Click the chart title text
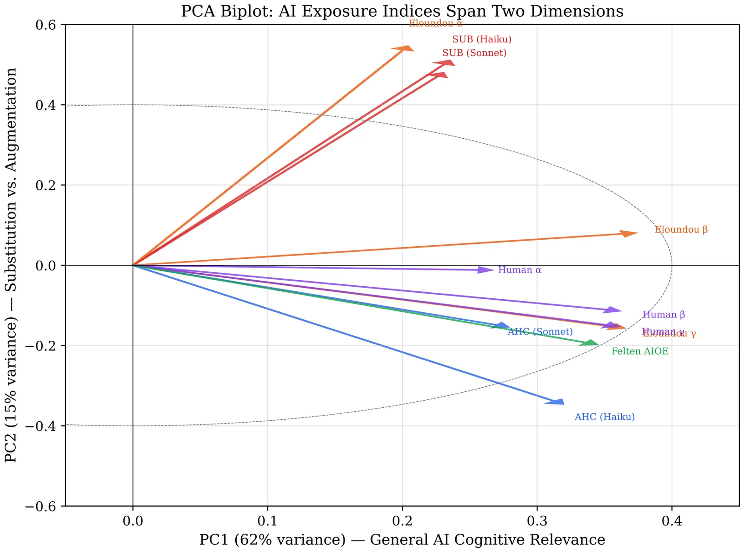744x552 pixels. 402,11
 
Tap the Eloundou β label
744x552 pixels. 681,229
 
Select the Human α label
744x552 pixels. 519,270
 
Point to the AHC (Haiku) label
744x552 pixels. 604,417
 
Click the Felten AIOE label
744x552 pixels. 639,351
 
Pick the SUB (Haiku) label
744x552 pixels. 482,40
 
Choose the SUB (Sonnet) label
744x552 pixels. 474,53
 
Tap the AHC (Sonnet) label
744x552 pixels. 540,332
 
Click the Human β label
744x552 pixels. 664,315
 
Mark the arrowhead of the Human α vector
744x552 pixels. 487,270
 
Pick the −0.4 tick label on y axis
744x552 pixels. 45,426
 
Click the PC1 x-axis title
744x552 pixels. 402,540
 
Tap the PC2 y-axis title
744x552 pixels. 11,265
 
